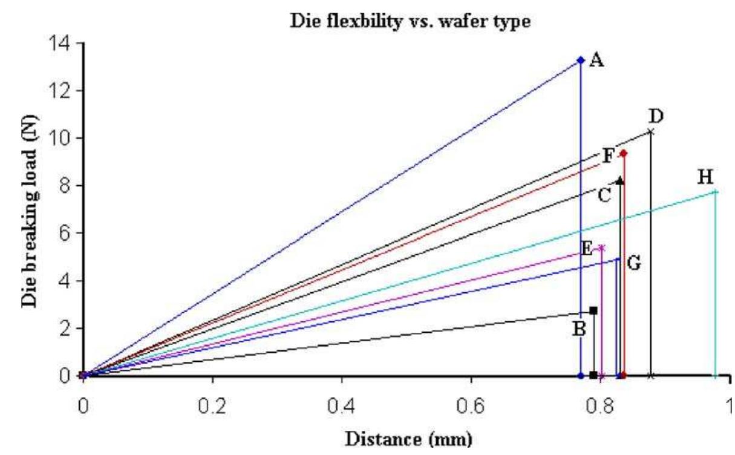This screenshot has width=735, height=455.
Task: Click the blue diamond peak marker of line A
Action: [581, 60]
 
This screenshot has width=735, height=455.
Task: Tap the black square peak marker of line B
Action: [593, 310]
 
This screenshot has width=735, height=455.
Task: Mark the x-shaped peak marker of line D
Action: [651, 131]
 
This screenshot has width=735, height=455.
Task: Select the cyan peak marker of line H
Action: [716, 192]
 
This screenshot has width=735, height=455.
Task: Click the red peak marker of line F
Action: [624, 154]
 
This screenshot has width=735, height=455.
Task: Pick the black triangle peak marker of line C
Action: [619, 180]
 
